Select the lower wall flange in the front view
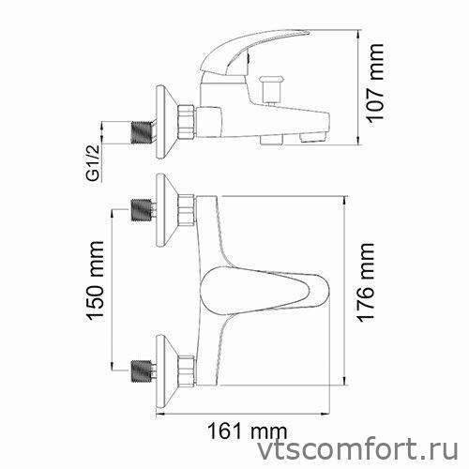click(x=165, y=361)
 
